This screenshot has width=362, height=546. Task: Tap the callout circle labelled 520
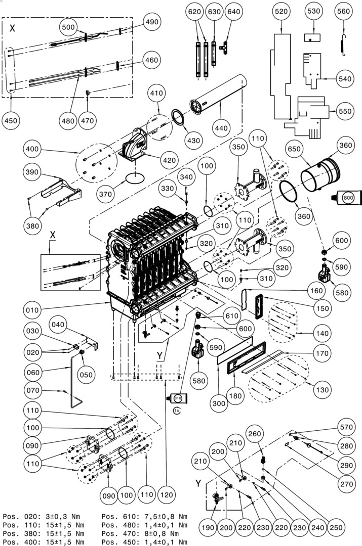tap(280, 11)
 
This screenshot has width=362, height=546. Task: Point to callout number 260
tap(255, 433)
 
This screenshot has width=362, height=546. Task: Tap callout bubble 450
tap(12, 120)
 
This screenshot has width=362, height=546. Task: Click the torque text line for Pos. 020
tap(43, 516)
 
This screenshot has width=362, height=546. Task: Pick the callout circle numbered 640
tap(233, 11)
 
